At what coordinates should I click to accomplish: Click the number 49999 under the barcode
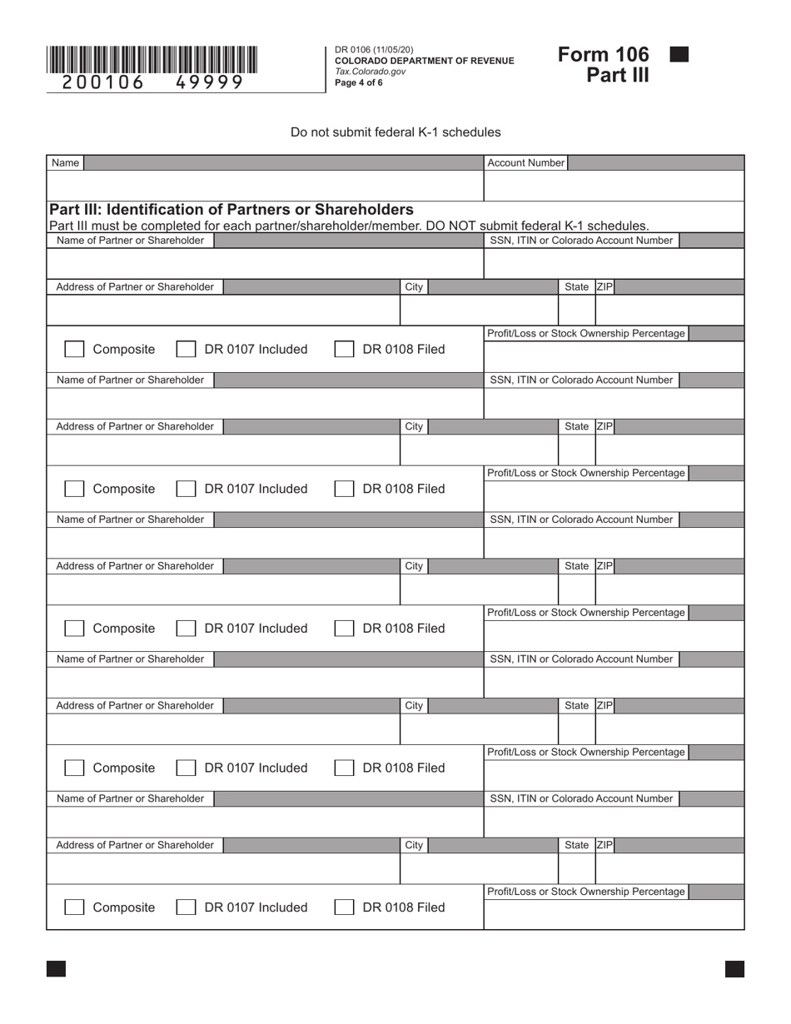[209, 82]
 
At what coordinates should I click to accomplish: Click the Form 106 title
[604, 55]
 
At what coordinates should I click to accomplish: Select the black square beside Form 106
[679, 55]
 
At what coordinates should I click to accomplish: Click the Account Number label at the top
[525, 163]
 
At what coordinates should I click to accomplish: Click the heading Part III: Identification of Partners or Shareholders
[231, 209]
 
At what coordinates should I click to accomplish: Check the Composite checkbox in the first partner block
[74, 350]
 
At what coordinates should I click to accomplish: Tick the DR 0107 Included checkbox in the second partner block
[186, 490]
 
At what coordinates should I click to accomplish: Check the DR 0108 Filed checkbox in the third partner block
[343, 629]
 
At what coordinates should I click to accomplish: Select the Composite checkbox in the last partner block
[74, 907]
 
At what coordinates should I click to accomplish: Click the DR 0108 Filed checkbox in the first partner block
[343, 350]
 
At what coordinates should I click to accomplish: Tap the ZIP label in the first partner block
[604, 287]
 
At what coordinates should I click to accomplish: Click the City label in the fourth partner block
[414, 706]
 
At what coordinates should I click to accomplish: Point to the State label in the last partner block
[576, 845]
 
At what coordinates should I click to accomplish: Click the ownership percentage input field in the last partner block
[614, 914]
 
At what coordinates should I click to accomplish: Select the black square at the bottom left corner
[56, 968]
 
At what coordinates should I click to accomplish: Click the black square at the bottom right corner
[734, 968]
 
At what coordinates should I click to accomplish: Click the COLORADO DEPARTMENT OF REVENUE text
[424, 61]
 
